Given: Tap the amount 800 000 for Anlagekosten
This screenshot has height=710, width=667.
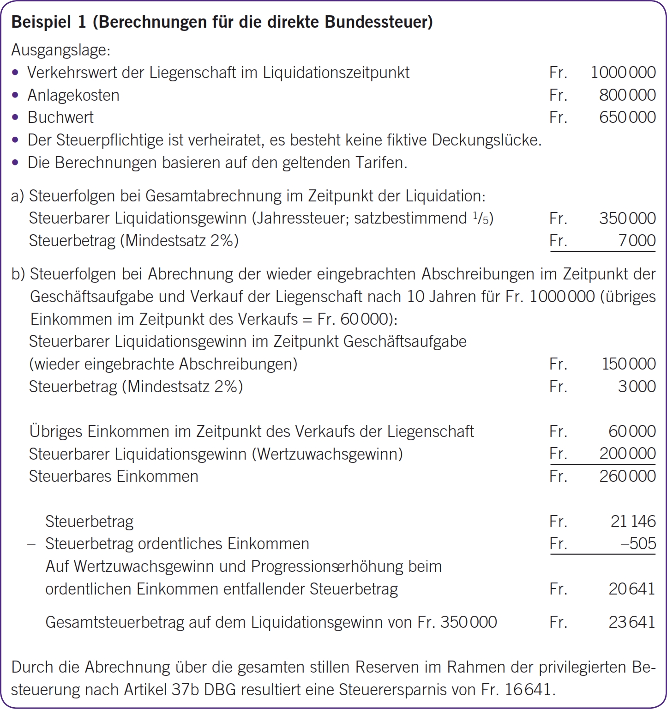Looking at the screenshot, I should (627, 95).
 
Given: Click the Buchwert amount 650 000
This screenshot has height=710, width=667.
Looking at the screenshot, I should (627, 117).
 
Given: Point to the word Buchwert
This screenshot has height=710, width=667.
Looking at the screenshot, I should (60, 117).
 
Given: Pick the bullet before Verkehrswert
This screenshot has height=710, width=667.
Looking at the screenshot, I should (16, 73).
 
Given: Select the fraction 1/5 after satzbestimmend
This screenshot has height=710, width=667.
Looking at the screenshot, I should (480, 218).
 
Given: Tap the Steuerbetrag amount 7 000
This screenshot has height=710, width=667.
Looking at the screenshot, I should (637, 241).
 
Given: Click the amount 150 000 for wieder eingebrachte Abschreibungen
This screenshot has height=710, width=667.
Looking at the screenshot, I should (629, 364).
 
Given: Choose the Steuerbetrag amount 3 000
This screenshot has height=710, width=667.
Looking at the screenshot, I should (637, 387).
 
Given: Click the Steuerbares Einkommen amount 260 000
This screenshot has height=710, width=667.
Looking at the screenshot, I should (627, 476).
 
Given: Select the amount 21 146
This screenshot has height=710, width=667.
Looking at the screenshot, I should (633, 522).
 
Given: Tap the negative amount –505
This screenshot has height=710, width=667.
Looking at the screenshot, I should (638, 544).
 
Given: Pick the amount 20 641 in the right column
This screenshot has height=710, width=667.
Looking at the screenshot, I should (631, 589).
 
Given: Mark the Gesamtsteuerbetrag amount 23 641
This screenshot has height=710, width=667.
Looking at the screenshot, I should (631, 622).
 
